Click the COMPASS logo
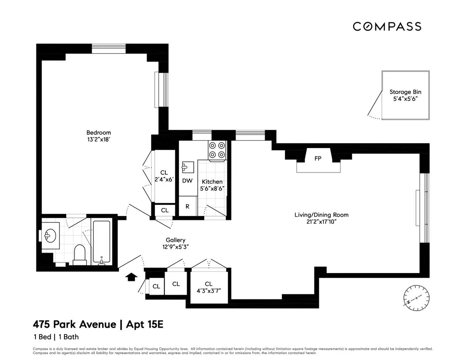tap(387, 26)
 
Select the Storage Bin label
tap(405, 96)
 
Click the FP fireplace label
tap(318, 158)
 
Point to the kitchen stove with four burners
tap(217, 150)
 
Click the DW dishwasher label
tap(187, 181)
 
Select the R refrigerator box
tap(188, 206)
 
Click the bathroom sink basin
tap(50, 235)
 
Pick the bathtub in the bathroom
tap(101, 242)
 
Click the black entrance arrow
tap(132, 277)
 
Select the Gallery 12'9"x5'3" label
tap(176, 243)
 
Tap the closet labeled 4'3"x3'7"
tap(209, 287)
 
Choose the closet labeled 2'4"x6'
tap(164, 176)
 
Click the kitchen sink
tap(185, 167)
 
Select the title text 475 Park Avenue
tap(74, 324)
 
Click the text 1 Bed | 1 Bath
tap(56, 337)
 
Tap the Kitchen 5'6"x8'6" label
tap(212, 185)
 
